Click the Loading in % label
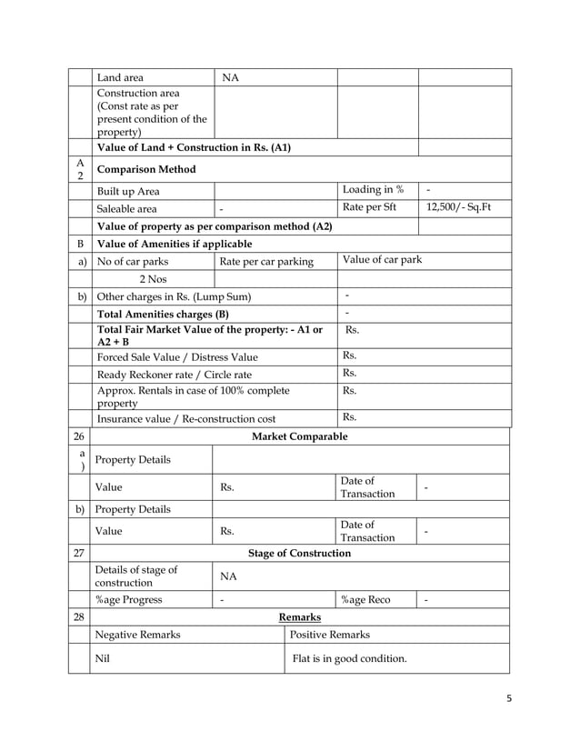(373, 189)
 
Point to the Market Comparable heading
(299, 436)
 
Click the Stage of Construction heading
(299, 553)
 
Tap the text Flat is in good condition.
(349, 658)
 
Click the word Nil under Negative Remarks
(105, 658)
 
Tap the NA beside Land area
(231, 78)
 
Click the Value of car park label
(382, 261)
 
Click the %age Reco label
(367, 599)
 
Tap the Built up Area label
(129, 191)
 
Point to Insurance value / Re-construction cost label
(185, 418)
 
